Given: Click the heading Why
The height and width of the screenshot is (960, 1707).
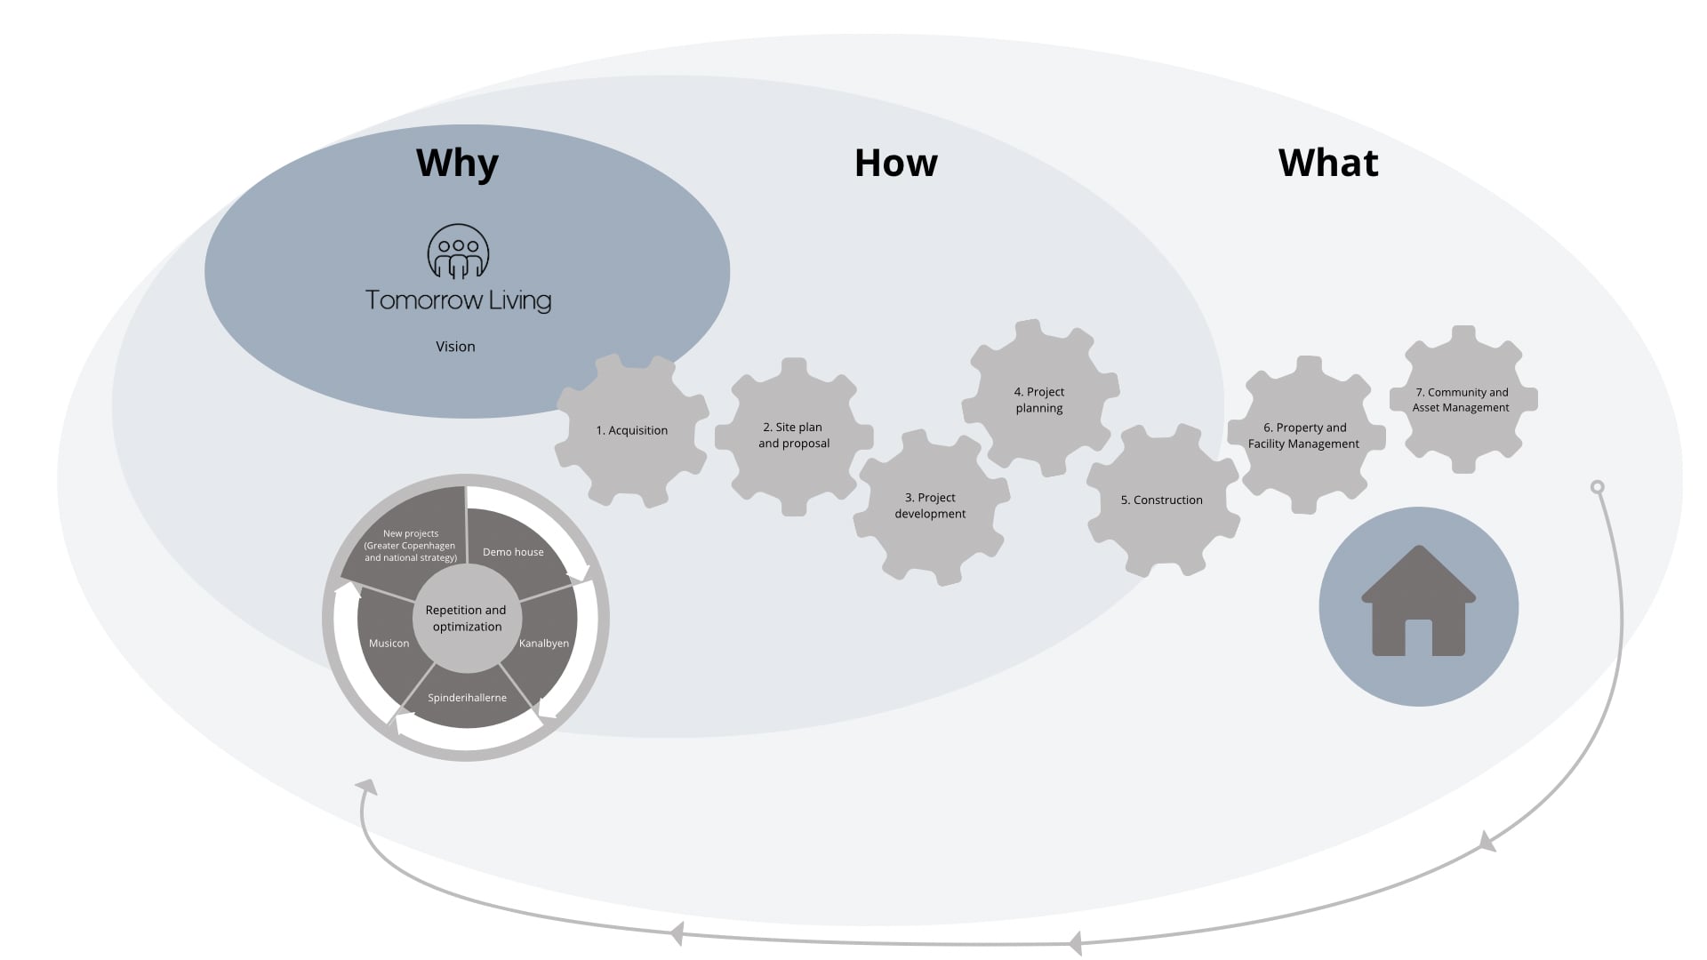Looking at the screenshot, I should [457, 164].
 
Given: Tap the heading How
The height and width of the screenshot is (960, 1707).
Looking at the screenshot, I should [895, 164].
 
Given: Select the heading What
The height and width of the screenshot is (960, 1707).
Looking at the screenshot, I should [1328, 164].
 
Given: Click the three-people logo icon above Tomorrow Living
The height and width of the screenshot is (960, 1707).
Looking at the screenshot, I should [458, 252].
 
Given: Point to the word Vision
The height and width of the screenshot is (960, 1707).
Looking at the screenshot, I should [455, 347].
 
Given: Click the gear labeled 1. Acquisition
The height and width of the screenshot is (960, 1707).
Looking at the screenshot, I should [631, 431].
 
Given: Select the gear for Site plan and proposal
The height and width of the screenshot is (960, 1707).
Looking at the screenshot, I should [794, 436].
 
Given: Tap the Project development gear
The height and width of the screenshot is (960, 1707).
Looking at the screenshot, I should [930, 506].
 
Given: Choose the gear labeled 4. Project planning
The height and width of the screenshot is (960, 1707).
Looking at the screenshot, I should [1039, 400].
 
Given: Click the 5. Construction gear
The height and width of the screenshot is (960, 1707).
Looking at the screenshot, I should [1161, 500].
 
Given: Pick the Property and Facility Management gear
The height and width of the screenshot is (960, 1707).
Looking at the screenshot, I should [1303, 436].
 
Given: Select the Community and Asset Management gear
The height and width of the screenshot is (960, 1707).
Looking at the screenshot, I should [1462, 400].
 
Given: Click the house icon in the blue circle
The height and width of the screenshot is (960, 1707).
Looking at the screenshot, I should [1418, 602].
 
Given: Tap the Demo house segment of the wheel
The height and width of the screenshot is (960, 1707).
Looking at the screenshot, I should [513, 552].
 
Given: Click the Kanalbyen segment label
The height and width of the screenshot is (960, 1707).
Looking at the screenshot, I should [543, 644].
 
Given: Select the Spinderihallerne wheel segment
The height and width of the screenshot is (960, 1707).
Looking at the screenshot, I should [467, 698].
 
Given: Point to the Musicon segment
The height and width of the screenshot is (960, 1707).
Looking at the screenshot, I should [389, 644].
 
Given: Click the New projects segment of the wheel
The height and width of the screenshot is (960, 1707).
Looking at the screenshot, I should [411, 546].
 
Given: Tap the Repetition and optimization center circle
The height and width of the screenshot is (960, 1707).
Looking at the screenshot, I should [466, 619].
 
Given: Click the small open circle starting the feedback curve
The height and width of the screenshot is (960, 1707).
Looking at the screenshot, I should [1597, 487].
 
